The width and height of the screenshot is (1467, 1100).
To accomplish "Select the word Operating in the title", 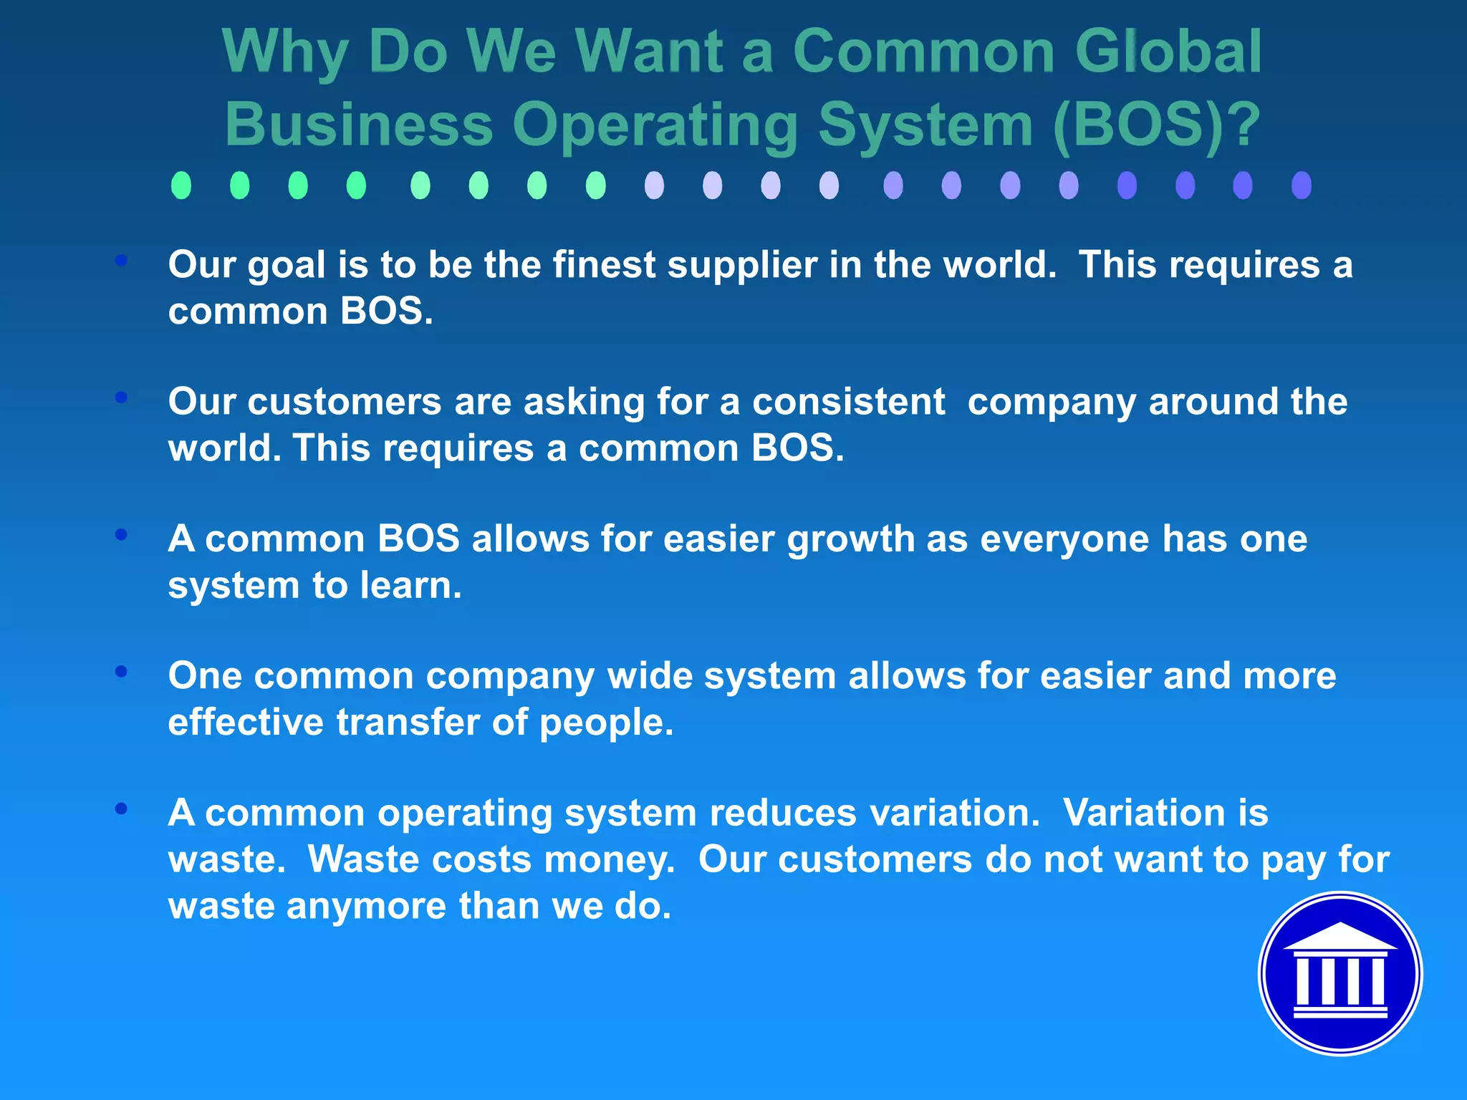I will [x=655, y=125].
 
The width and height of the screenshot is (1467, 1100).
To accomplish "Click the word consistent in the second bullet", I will [x=848, y=401].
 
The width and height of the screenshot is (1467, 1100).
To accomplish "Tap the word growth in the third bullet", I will [x=850, y=540].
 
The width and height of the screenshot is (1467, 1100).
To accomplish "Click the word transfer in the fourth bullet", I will [x=408, y=722].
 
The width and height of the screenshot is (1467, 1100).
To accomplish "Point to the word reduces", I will [x=783, y=814].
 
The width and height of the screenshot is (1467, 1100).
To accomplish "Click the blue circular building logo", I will [x=1340, y=973].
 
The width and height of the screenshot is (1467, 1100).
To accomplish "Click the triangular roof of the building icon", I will [x=1340, y=937].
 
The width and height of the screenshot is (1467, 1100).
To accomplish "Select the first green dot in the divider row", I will [x=181, y=185].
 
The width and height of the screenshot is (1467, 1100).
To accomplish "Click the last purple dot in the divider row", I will [x=1301, y=185].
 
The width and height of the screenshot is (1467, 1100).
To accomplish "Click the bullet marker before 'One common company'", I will [x=121, y=671].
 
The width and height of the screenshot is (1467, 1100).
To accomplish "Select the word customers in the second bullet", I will [x=345, y=401].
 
